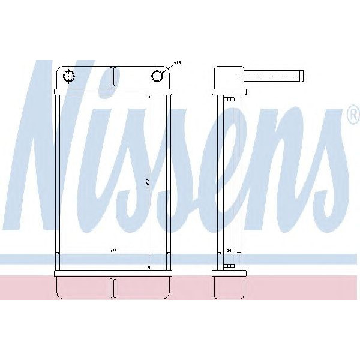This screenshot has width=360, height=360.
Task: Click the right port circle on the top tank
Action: pos(157,76)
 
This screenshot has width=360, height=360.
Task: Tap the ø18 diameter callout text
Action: pos(177,62)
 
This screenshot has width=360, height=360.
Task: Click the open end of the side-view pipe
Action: pos(302,76)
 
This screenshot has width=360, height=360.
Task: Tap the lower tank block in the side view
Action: pos(229,287)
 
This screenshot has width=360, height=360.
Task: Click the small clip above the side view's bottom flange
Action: pos(228,265)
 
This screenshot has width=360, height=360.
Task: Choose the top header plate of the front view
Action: pos(113,92)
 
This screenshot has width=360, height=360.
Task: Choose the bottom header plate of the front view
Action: pos(113,273)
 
